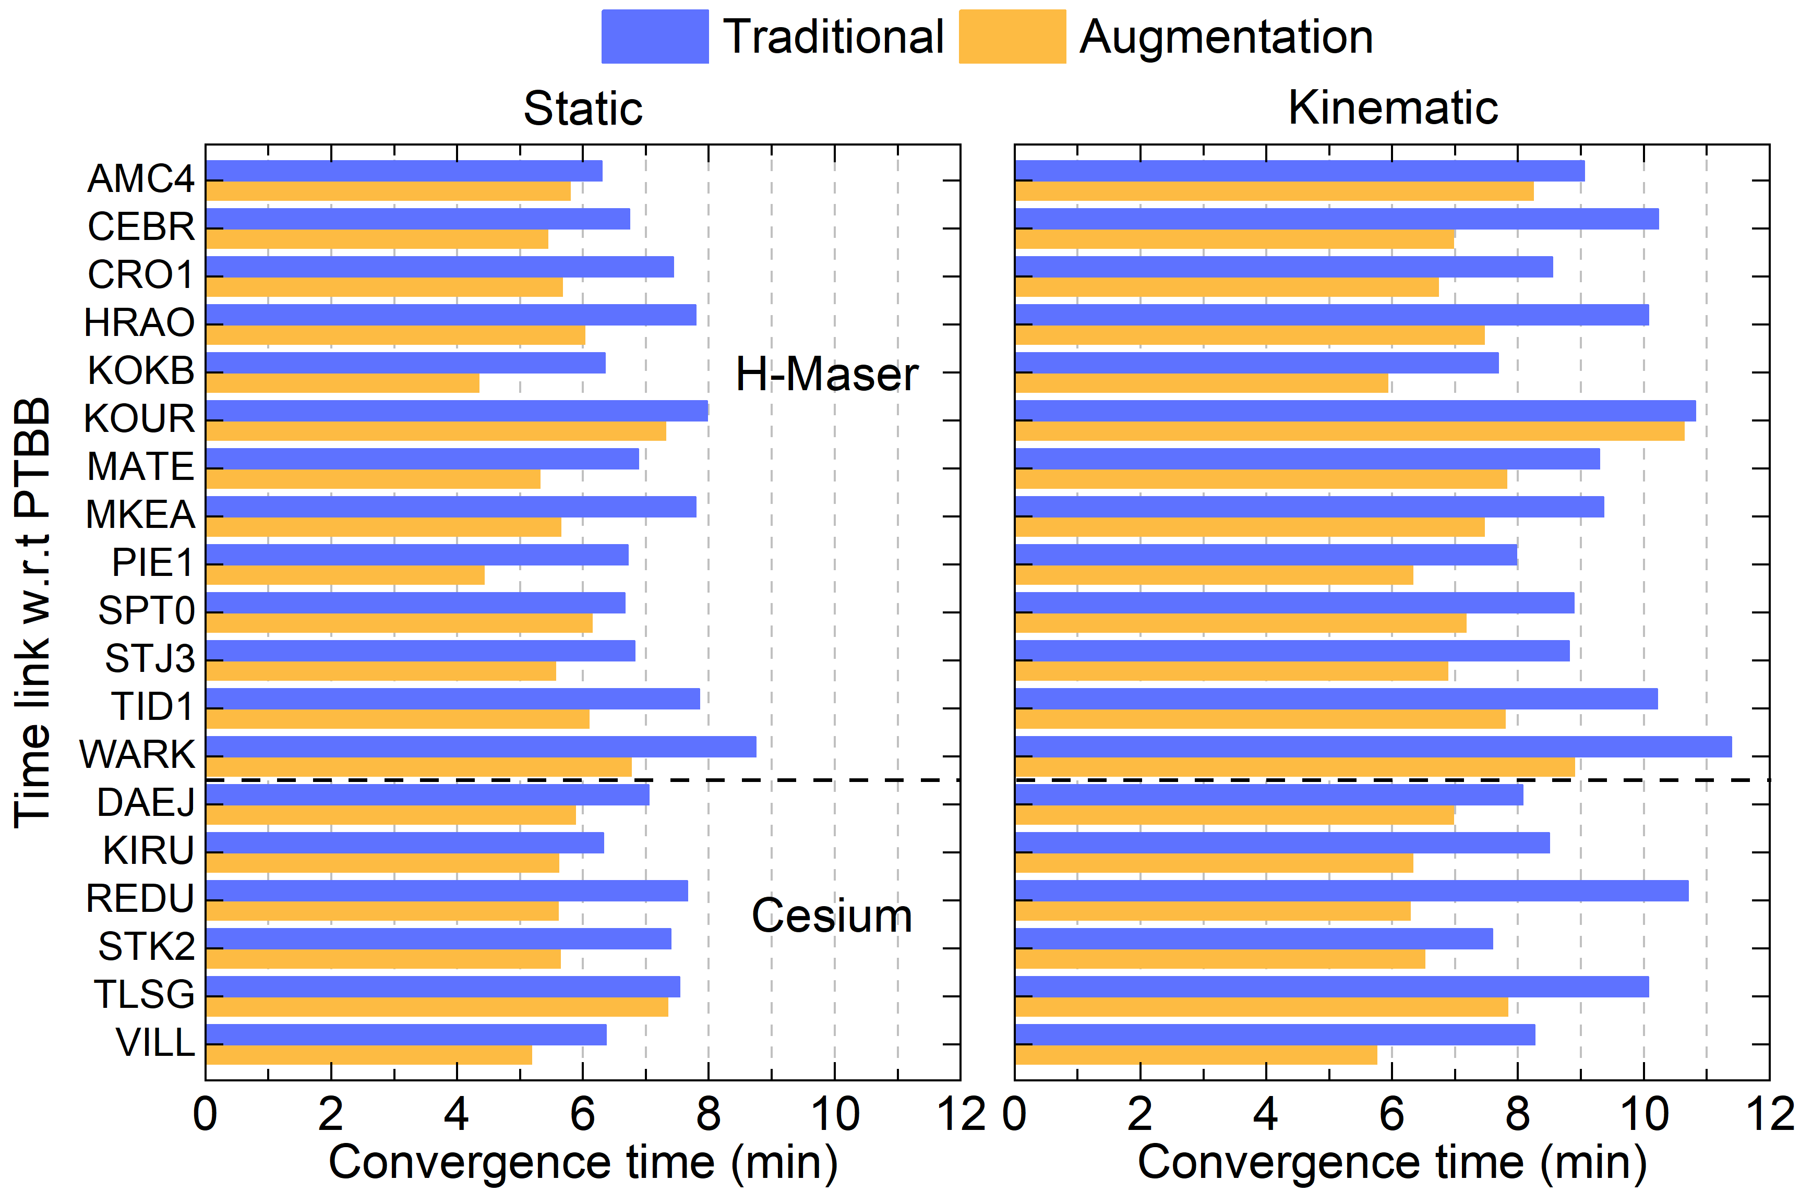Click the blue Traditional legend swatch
click(x=654, y=37)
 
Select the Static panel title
click(x=583, y=108)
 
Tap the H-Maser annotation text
click(x=827, y=374)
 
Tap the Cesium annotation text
click(x=832, y=916)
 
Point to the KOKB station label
click(x=141, y=370)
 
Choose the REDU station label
click(x=141, y=898)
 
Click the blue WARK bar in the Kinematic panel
click(x=1374, y=746)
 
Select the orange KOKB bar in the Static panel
click(x=343, y=383)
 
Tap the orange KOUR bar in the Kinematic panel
click(x=1350, y=431)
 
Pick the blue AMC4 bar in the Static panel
click(x=404, y=171)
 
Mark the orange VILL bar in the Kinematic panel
click(x=1196, y=1055)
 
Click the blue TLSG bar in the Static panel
click(x=443, y=987)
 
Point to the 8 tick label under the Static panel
click(x=709, y=1114)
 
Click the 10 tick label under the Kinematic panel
click(x=1644, y=1114)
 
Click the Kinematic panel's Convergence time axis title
click(x=1393, y=1162)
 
